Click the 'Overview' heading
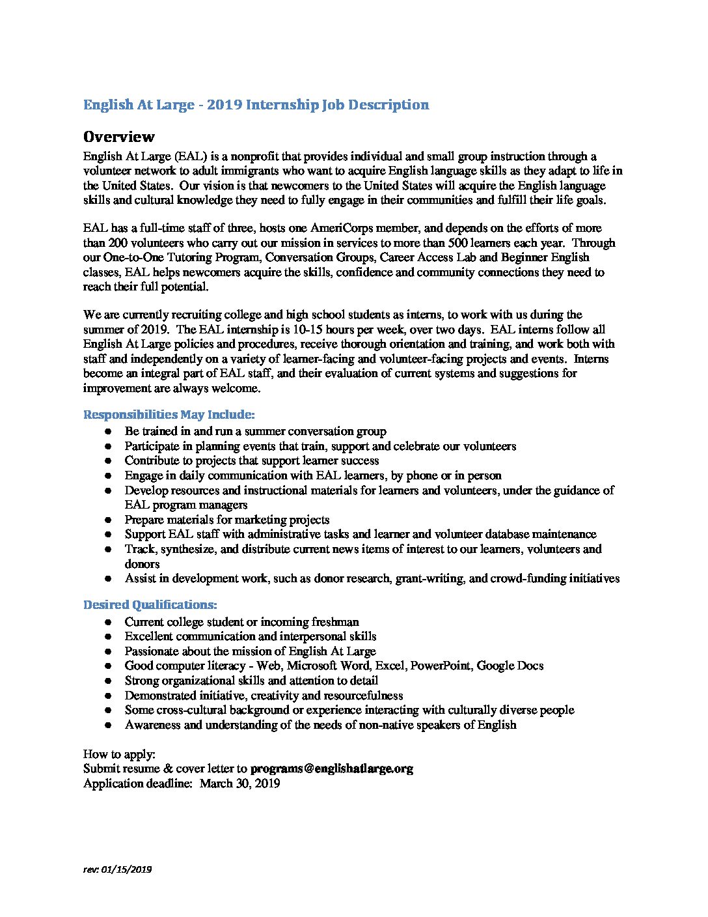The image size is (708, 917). (x=118, y=137)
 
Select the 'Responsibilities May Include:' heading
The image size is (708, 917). (x=169, y=415)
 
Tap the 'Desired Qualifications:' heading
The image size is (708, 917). (x=150, y=605)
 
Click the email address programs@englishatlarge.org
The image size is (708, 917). (x=331, y=769)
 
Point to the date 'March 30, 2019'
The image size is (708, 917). (x=239, y=783)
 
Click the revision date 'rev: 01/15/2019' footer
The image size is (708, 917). (x=117, y=869)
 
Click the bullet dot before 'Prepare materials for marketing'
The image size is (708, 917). (x=109, y=520)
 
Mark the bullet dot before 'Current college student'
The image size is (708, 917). (x=109, y=623)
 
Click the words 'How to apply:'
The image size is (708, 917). (x=119, y=754)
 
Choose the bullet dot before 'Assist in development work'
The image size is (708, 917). (x=109, y=579)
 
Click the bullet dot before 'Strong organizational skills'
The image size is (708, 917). (x=109, y=681)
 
